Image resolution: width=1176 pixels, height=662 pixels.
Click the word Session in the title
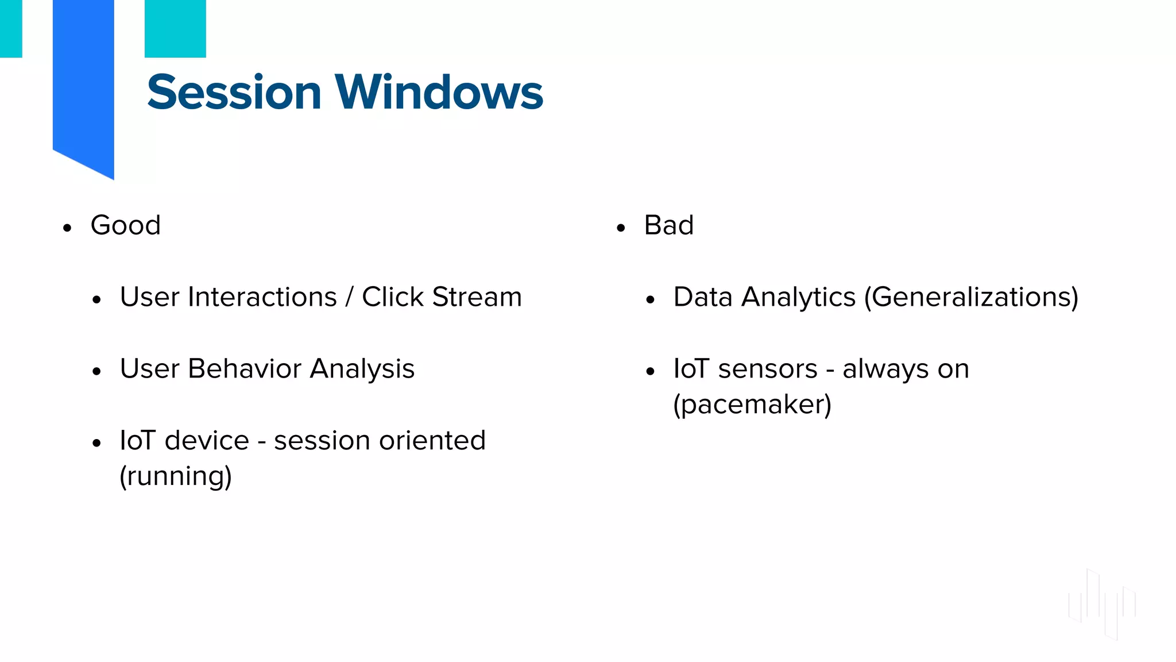234,93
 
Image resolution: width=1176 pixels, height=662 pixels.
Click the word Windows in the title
439,93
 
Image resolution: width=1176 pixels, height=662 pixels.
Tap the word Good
125,225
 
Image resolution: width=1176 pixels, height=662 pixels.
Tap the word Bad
668,225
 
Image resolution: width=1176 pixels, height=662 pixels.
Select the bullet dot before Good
67,228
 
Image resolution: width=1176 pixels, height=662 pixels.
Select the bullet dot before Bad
620,228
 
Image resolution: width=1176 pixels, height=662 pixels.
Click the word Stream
477,297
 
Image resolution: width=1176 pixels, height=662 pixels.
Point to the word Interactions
262,297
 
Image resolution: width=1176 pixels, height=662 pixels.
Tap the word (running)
176,476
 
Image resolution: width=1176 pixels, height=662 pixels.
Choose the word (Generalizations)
971,298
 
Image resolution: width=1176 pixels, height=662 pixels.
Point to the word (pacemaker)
752,405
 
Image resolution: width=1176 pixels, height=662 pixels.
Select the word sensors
768,369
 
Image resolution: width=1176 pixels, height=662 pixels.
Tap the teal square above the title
175,29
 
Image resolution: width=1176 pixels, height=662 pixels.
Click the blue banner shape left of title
83,86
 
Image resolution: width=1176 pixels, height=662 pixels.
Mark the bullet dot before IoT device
96,444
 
